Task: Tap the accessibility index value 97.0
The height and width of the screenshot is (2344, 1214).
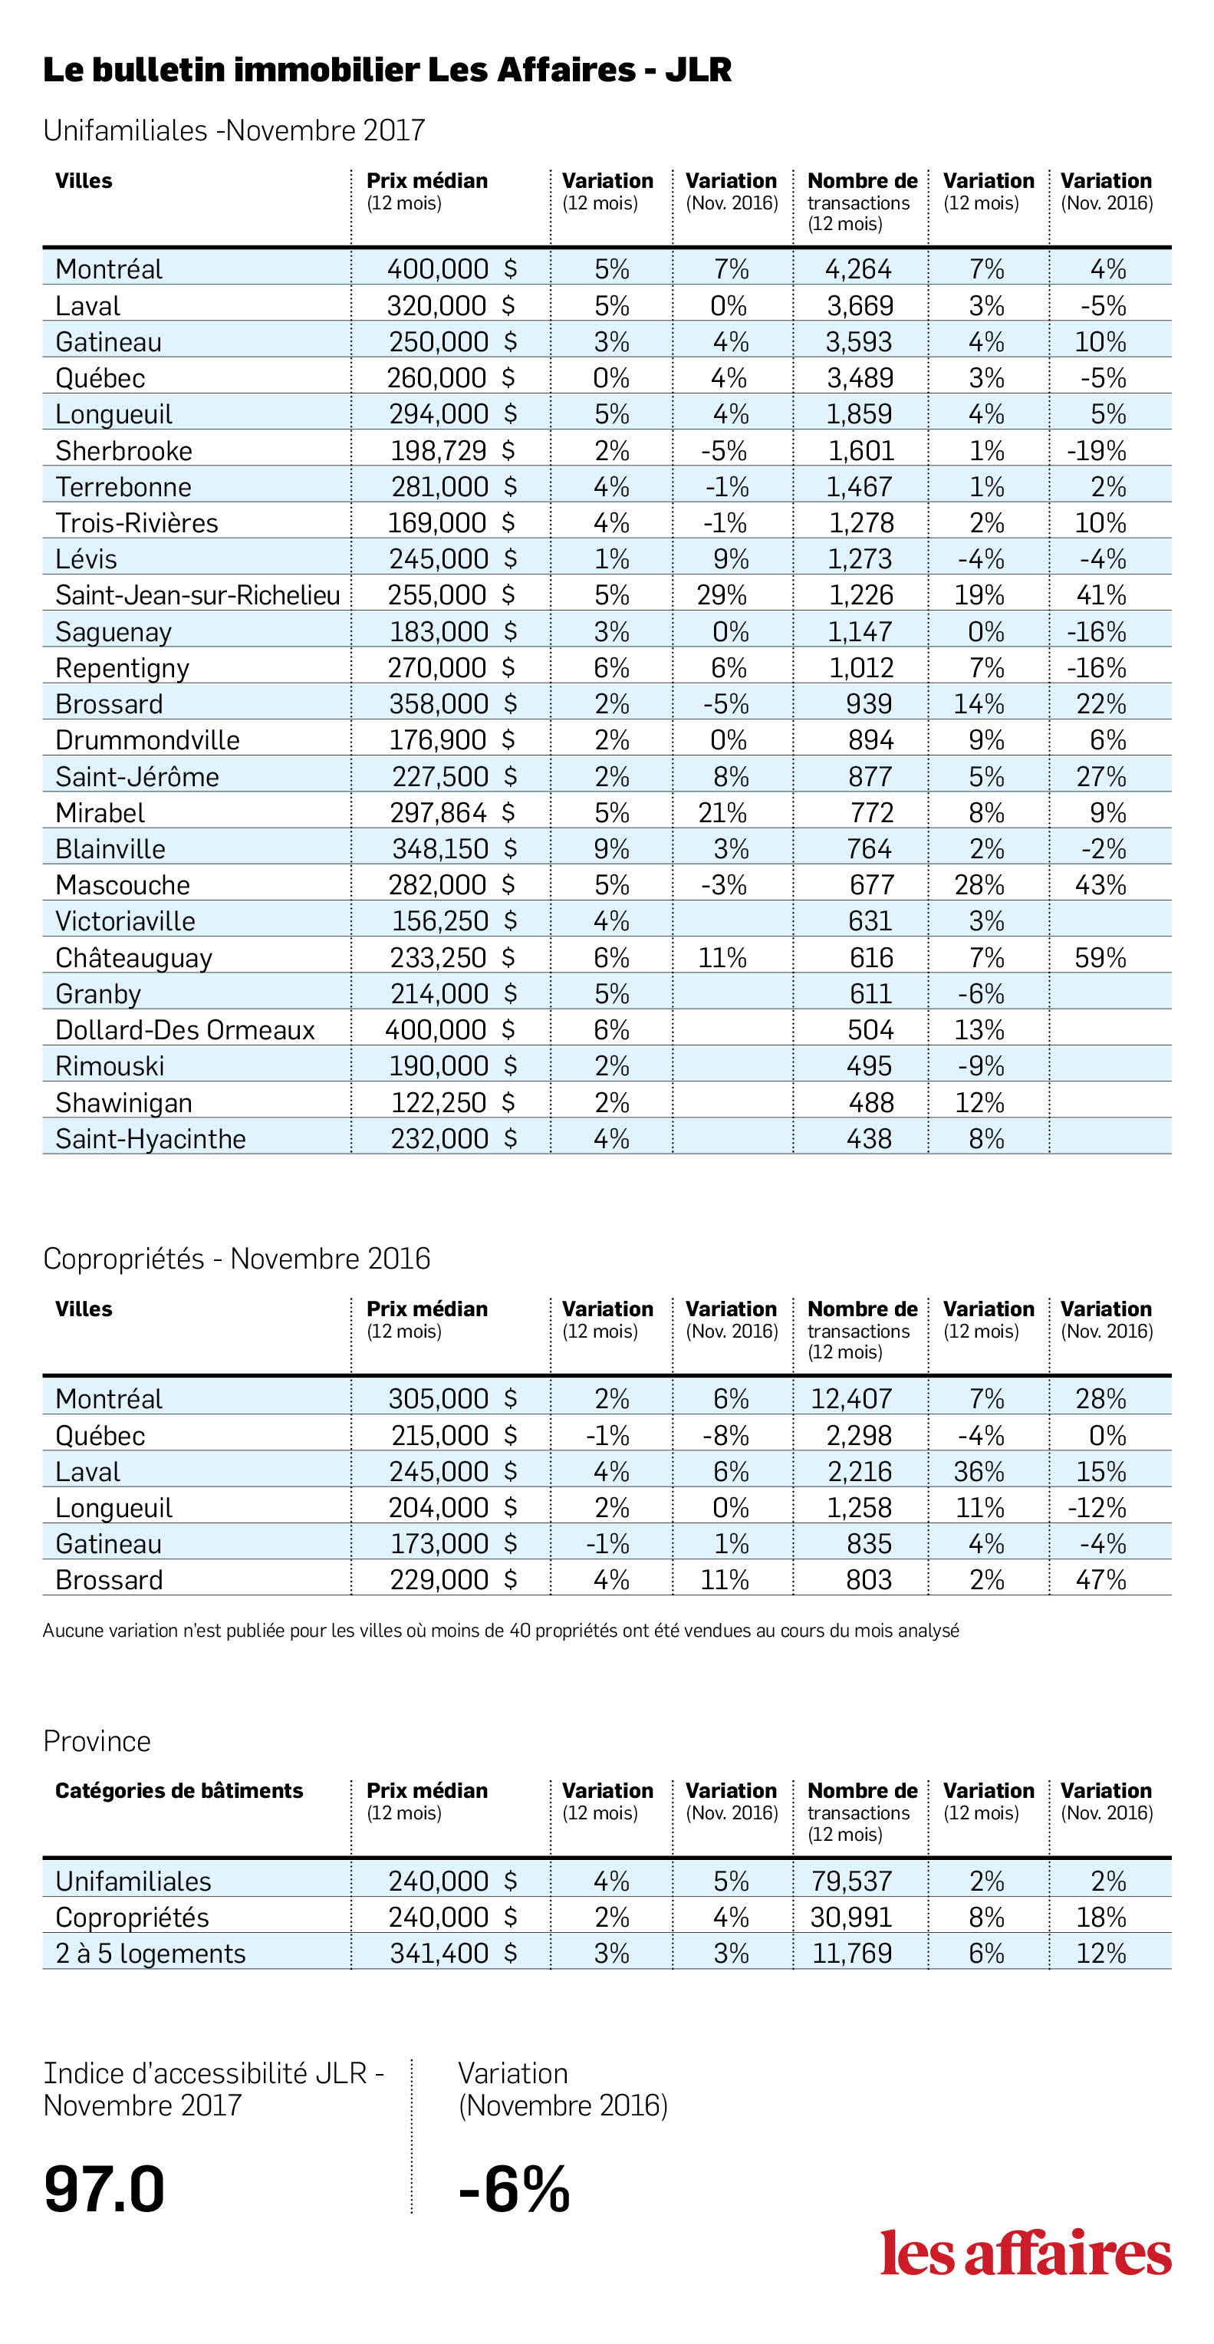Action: click(x=104, y=2188)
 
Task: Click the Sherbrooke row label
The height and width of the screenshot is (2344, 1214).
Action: click(x=123, y=450)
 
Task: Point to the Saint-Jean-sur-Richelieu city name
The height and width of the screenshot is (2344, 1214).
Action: click(x=198, y=595)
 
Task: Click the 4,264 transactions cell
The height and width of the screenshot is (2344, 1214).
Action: click(x=858, y=269)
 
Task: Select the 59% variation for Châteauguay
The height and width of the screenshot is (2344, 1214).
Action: click(x=1100, y=957)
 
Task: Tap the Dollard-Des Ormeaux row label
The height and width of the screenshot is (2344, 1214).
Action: click(x=185, y=1030)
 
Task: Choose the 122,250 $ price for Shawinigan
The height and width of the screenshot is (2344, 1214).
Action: click(x=452, y=1103)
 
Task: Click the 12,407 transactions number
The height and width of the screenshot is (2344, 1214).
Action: click(x=851, y=1398)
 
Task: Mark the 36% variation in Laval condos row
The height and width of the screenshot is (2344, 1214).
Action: click(x=979, y=1471)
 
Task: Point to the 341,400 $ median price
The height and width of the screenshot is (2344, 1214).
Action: click(x=453, y=1953)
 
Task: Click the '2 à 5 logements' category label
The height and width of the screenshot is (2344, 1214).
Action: click(x=150, y=1954)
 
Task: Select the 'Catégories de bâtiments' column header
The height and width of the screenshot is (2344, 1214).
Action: click(x=179, y=1791)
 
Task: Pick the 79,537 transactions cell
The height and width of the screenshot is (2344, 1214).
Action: click(x=851, y=1881)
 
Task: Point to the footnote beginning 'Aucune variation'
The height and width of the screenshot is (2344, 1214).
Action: click(x=501, y=1631)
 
